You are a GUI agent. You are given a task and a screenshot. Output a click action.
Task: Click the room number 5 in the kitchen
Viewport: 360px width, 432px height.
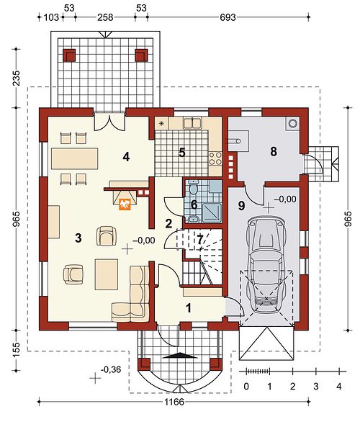pos(181,152)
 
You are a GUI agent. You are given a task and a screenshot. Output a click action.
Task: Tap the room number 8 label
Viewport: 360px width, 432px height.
pos(274,151)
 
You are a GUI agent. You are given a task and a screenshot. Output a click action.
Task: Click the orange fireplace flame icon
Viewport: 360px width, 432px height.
pos(125,204)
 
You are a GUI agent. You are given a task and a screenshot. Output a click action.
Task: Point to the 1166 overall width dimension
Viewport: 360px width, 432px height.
pos(174,402)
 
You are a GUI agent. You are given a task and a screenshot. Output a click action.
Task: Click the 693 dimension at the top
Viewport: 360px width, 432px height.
pos(228,17)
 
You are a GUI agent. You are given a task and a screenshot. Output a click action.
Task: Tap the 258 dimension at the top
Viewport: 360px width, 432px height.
pos(105,17)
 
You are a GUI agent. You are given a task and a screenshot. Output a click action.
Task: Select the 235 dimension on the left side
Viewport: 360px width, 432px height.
pos(17,78)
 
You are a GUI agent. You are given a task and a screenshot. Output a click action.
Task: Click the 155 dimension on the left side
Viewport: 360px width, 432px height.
pos(17,350)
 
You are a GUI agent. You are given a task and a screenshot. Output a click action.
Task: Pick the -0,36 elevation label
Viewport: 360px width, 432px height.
pos(111,369)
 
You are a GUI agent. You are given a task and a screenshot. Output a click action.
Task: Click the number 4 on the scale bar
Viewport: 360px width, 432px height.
pos(339,386)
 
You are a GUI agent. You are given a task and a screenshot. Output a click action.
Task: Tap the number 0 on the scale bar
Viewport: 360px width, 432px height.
pos(246,386)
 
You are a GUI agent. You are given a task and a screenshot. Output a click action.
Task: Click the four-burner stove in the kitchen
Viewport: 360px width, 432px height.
pos(215,158)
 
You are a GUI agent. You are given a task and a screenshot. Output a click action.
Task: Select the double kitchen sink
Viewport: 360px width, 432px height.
pos(192,123)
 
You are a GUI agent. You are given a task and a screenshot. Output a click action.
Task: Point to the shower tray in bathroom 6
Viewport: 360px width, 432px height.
pos(212,212)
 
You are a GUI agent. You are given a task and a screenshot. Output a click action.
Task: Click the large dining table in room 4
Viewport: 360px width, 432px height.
pos(75,158)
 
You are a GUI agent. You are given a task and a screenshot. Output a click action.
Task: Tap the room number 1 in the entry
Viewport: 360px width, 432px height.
pos(189,308)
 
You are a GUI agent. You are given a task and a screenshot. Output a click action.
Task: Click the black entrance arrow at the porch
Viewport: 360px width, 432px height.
pos(180,356)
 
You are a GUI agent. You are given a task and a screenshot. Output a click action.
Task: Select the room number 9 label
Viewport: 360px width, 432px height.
pos(242,205)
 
